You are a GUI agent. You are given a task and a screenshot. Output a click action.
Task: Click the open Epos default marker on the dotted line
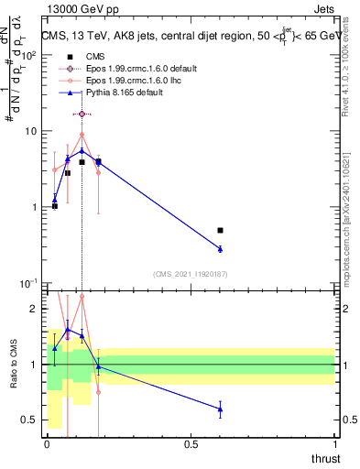pos(82,114)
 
